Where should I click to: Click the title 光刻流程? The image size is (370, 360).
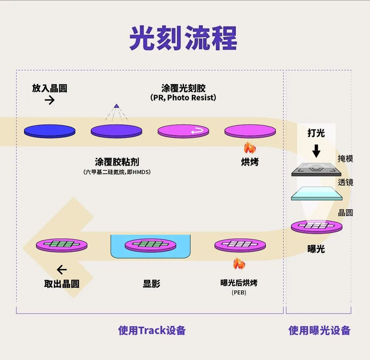tap(183, 38)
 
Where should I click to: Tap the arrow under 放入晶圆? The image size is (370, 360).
tap(50, 100)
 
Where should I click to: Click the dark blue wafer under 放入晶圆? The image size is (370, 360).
tap(50, 131)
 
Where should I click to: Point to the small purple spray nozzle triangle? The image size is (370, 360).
tap(116, 106)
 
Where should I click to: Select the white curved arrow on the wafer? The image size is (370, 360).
tap(197, 131)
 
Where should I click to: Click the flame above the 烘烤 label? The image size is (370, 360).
tap(249, 148)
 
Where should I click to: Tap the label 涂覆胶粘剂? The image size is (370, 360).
tap(117, 162)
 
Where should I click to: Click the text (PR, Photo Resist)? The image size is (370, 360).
tap(183, 97)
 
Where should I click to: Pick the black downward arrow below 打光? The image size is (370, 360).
tap(316, 151)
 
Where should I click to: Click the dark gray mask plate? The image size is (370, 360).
tap(316, 170)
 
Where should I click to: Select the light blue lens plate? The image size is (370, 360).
tap(317, 193)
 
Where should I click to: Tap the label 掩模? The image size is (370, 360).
tap(345, 159)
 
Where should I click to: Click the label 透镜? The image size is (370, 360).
tap(345, 182)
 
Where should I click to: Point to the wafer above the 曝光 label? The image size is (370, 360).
tap(317, 227)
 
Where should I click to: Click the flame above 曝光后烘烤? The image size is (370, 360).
tap(239, 264)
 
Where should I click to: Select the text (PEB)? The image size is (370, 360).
tap(239, 292)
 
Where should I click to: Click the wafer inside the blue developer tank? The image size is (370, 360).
tap(151, 245)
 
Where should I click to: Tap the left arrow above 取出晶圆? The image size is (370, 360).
tap(62, 270)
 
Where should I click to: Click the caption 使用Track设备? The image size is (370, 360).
tap(152, 330)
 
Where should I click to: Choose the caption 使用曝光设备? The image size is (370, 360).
tap(319, 330)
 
